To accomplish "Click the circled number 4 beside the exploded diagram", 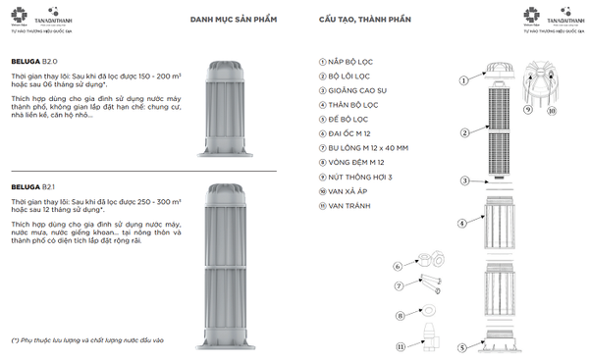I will click(x=461, y=224).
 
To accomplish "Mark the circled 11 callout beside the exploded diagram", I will click(x=401, y=346).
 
